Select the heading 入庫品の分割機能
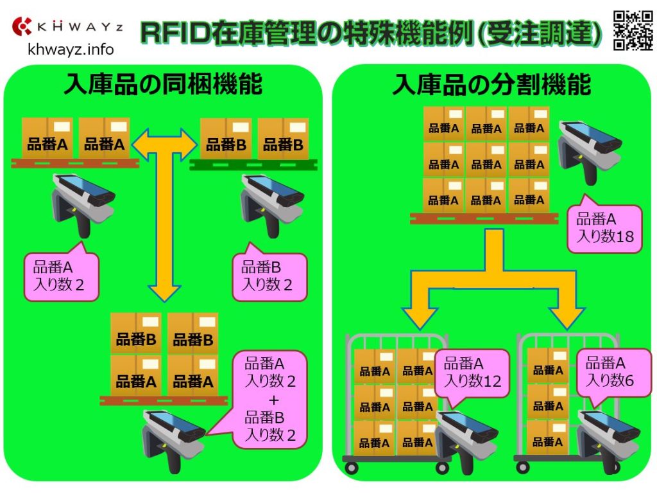[x=491, y=84]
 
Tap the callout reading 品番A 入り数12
[x=472, y=373]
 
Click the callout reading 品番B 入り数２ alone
[x=269, y=277]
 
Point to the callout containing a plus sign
[x=271, y=400]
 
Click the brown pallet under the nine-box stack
[x=484, y=218]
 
